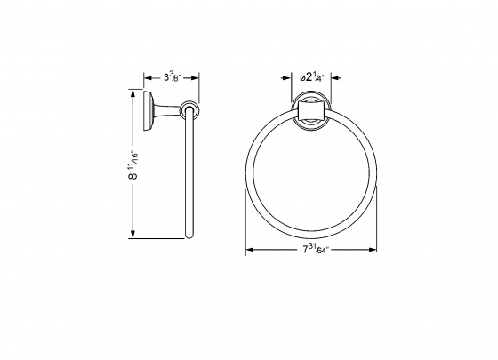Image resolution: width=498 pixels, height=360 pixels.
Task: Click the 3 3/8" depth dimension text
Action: (x=170, y=76)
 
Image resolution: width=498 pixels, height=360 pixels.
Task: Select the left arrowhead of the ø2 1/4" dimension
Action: (x=296, y=76)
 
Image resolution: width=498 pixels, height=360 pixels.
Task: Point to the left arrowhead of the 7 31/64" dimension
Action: (x=248, y=252)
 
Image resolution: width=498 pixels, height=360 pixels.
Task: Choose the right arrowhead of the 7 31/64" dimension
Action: (x=382, y=252)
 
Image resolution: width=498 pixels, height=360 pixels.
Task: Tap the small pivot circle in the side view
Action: (x=188, y=110)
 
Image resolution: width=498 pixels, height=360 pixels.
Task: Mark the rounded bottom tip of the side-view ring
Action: (x=189, y=236)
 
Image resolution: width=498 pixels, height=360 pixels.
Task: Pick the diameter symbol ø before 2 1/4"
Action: (x=302, y=76)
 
